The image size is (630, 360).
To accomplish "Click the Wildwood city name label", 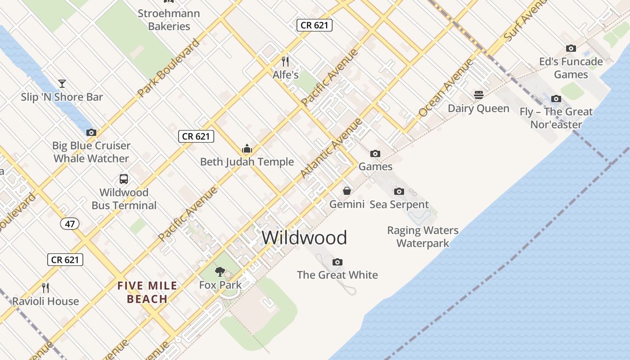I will pos(304,238).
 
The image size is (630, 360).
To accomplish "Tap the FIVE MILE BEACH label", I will pos(147,292).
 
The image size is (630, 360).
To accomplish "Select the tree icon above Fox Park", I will pos(220,271).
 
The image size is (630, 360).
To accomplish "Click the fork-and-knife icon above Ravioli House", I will pos(45,288).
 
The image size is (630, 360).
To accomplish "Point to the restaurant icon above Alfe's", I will pos(285,61).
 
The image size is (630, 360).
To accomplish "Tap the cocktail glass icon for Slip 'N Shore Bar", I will pos(62,83).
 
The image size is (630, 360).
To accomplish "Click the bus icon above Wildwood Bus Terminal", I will pos(124,179).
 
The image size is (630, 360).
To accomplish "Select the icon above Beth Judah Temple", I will pos(247,148).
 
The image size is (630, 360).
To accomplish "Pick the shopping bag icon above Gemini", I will pos(347,191).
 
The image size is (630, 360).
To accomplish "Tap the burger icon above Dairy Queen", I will pos(478,95).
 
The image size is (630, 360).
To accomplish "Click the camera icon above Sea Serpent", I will pos(399,192).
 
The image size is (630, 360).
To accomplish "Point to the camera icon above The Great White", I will pos(337,262).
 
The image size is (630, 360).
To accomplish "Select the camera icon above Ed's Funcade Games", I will pos(571,48).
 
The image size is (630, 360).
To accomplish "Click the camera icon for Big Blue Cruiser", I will pos(91,132).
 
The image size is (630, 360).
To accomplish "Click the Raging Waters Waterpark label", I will pos(423,237).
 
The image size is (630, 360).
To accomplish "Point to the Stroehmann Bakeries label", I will pos(169,20).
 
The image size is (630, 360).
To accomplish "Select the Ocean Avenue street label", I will pos(446,88).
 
